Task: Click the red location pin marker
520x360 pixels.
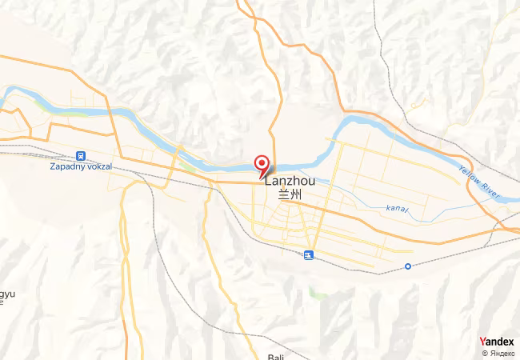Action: tap(261, 164)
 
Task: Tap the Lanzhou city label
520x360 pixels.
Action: tap(289, 182)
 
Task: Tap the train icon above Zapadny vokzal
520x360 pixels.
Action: tap(80, 155)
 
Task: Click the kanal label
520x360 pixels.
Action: tap(396, 209)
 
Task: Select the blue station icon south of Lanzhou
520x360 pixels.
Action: tap(309, 255)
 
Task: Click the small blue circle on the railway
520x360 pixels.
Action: tap(408, 266)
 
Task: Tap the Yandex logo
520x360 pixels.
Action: tap(497, 342)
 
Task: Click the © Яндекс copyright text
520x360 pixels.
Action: tap(498, 353)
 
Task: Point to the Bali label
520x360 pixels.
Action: tap(276, 357)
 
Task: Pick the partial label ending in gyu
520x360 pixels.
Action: tap(6, 294)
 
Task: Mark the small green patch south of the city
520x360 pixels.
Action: tap(318, 294)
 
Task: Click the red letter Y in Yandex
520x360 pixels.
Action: tap(482, 342)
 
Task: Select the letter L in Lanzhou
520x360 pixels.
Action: tap(266, 182)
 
